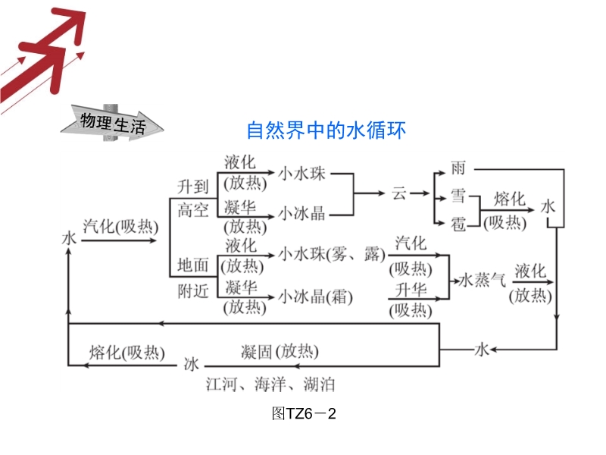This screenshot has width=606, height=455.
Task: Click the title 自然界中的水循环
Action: click(326, 131)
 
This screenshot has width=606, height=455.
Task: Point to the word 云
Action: click(399, 193)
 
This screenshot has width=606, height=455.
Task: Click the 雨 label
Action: click(458, 167)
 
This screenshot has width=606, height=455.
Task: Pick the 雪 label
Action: click(458, 195)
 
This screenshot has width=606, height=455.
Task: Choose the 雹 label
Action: click(458, 222)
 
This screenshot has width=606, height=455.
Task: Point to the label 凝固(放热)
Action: click(280, 351)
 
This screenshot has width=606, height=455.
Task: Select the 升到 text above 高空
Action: click(192, 186)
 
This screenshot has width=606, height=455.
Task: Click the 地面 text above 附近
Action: click(192, 265)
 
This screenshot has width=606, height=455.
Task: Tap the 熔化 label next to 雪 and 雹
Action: click(509, 199)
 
